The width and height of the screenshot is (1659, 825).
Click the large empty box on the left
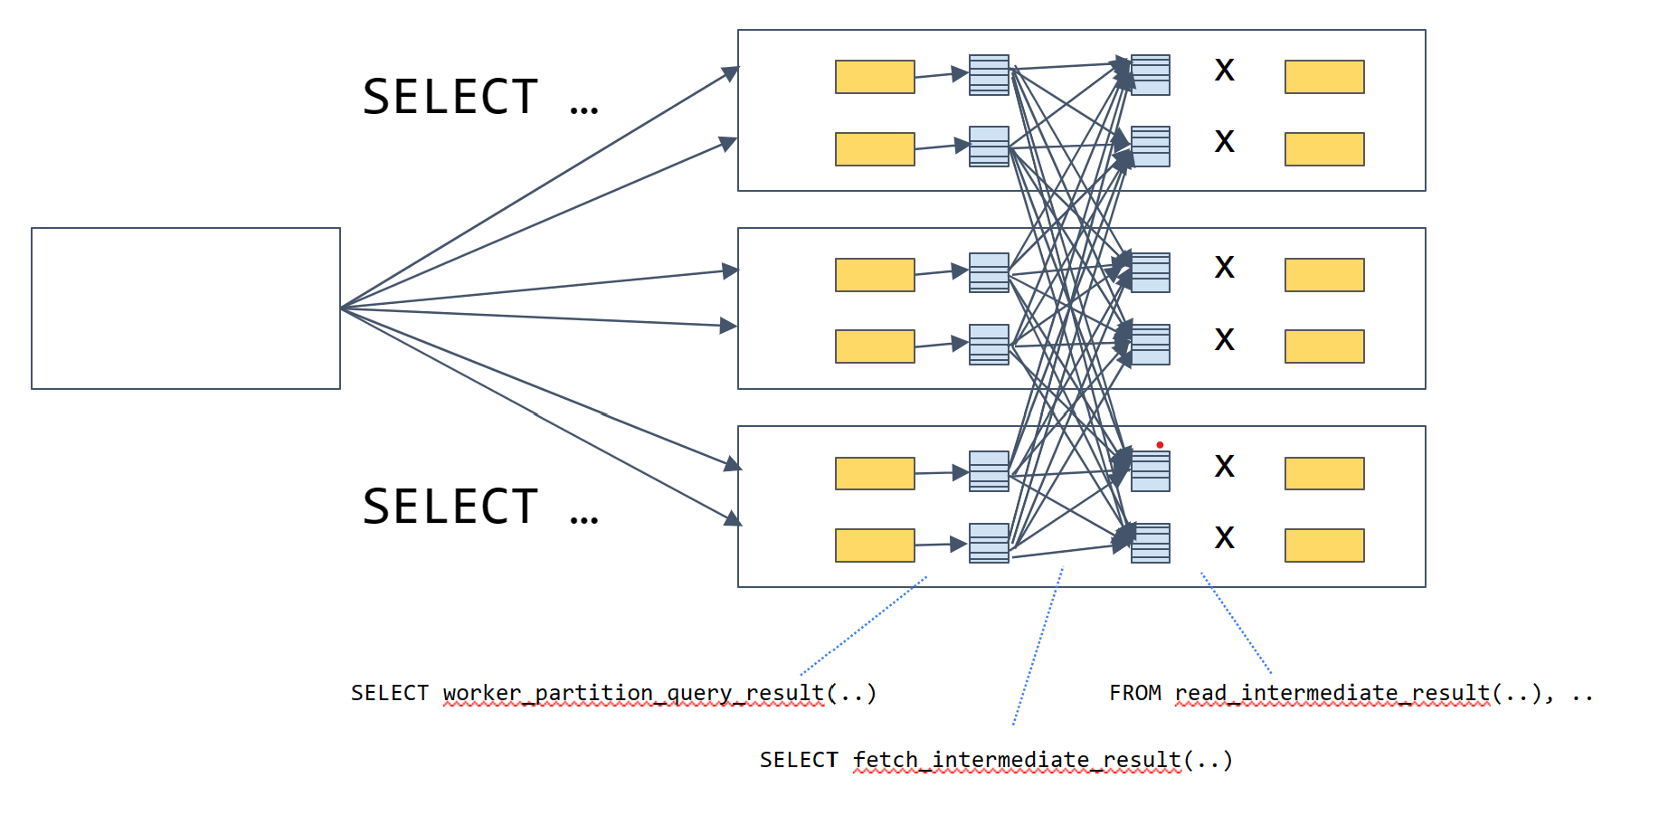185,308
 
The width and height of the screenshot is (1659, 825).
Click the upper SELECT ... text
479,98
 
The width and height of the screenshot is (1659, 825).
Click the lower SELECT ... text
479,507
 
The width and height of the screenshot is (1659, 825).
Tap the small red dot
1160,445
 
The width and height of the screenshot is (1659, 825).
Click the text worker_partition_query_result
633,694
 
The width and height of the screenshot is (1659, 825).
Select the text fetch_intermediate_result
1017,761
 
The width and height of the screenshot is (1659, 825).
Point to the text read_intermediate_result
1332,694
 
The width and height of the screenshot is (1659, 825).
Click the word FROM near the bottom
1135,694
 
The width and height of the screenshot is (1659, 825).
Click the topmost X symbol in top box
1224,70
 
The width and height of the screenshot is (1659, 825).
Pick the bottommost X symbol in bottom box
1224,537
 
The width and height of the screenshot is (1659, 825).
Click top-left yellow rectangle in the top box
875,77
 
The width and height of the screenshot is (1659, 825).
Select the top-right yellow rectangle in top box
1324,77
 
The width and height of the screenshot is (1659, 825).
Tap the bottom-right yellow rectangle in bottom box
1324,545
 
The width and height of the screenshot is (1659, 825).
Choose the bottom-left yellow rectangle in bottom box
875,545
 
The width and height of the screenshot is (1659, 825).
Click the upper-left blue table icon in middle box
989,272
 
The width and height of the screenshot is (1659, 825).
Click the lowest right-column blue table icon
1151,543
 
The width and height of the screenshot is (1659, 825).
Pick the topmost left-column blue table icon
989,75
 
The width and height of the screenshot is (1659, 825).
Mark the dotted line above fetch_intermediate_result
1038,646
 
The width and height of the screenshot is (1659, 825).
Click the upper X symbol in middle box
1224,267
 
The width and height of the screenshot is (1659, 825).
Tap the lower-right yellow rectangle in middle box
1324,346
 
